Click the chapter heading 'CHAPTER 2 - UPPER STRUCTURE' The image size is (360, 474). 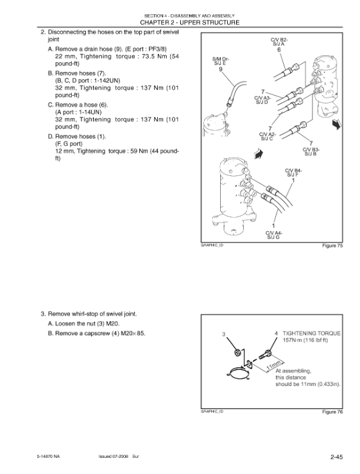[x=190, y=22]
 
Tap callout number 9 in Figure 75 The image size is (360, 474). [x=221, y=69]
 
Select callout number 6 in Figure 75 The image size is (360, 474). [x=279, y=50]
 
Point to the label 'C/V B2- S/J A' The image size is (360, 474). [x=279, y=42]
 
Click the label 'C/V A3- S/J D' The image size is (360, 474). [x=262, y=100]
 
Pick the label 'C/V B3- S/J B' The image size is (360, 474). [x=311, y=152]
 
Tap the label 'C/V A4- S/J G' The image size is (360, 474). [x=273, y=235]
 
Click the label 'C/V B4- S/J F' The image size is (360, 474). [x=293, y=173]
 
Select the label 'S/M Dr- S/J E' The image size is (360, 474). [x=221, y=61]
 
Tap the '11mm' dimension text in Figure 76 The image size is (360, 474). [x=275, y=365]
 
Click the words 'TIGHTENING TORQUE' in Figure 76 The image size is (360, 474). [x=311, y=333]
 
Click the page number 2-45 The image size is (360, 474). [x=336, y=457]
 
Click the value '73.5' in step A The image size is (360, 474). [x=148, y=57]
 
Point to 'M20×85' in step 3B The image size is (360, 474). [x=133, y=333]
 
